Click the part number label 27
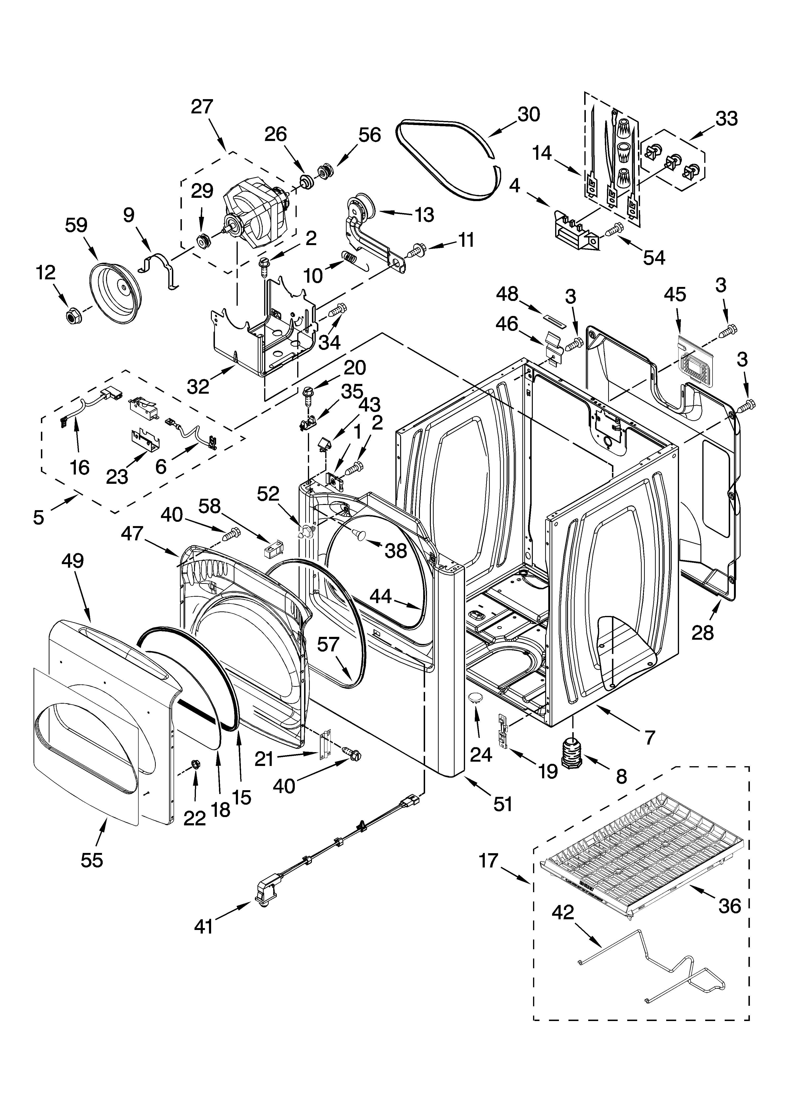[x=202, y=107]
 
